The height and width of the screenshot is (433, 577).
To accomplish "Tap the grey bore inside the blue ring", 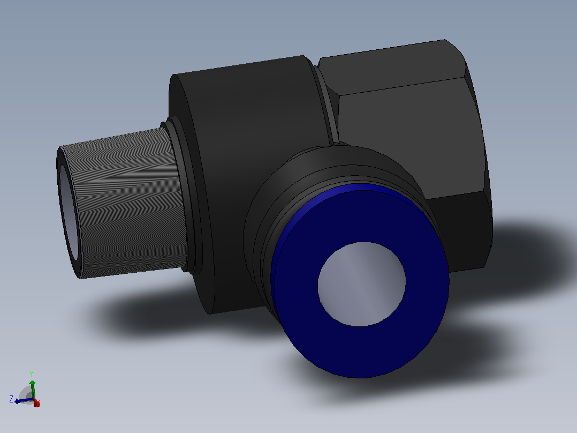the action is click(x=362, y=284).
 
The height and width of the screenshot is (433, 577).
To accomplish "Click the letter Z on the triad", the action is click(x=11, y=399).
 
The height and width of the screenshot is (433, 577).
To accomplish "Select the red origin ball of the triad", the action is click(x=36, y=403).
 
